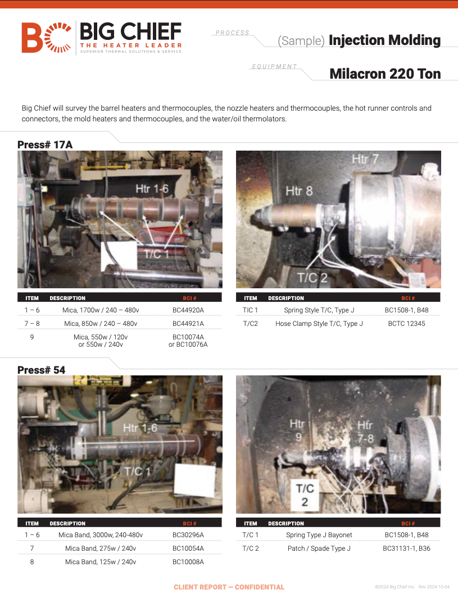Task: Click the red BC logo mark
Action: [x=46, y=38]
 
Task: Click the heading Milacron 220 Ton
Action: [x=385, y=74]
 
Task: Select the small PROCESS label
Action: [x=232, y=33]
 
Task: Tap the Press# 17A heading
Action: [x=45, y=145]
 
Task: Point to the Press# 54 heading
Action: [x=41, y=370]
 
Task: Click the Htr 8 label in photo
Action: [x=299, y=191]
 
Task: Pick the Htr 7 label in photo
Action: [x=365, y=158]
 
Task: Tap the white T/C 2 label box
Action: [x=305, y=495]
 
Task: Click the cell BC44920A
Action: [x=188, y=310]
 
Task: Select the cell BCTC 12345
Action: [x=406, y=324]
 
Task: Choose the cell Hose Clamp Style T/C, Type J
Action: [x=319, y=324]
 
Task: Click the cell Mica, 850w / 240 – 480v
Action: [x=101, y=324]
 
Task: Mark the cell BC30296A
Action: [x=188, y=535]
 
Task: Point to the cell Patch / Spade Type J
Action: [x=319, y=548]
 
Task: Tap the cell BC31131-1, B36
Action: [x=406, y=548]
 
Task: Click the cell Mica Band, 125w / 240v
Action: [x=101, y=562]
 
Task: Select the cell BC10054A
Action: [x=188, y=548]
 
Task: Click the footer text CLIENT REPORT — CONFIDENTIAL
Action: [x=229, y=587]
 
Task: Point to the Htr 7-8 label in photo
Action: [x=366, y=432]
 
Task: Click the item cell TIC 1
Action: [x=250, y=310]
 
